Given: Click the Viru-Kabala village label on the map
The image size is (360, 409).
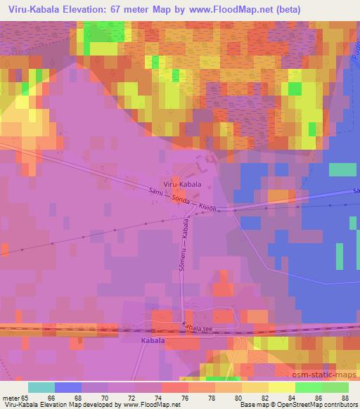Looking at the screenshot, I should point(182,184).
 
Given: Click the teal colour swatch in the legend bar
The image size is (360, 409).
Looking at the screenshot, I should point(41,387).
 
